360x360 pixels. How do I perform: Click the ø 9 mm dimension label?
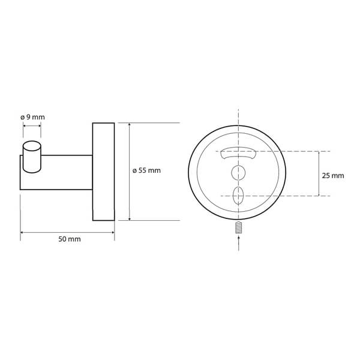tap(32, 117)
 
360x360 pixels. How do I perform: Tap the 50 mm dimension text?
tap(70, 239)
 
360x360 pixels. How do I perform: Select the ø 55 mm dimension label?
tap(147, 170)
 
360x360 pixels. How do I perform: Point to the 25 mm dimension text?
tap(333, 176)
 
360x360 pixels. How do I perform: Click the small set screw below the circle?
tap(239, 227)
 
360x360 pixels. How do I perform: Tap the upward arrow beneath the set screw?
tap(239, 243)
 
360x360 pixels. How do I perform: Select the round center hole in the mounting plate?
tap(238, 173)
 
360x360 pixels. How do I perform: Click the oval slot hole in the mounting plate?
tap(238, 196)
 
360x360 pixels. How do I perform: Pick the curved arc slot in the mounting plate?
tap(239, 152)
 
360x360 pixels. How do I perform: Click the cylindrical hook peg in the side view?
tap(32, 157)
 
